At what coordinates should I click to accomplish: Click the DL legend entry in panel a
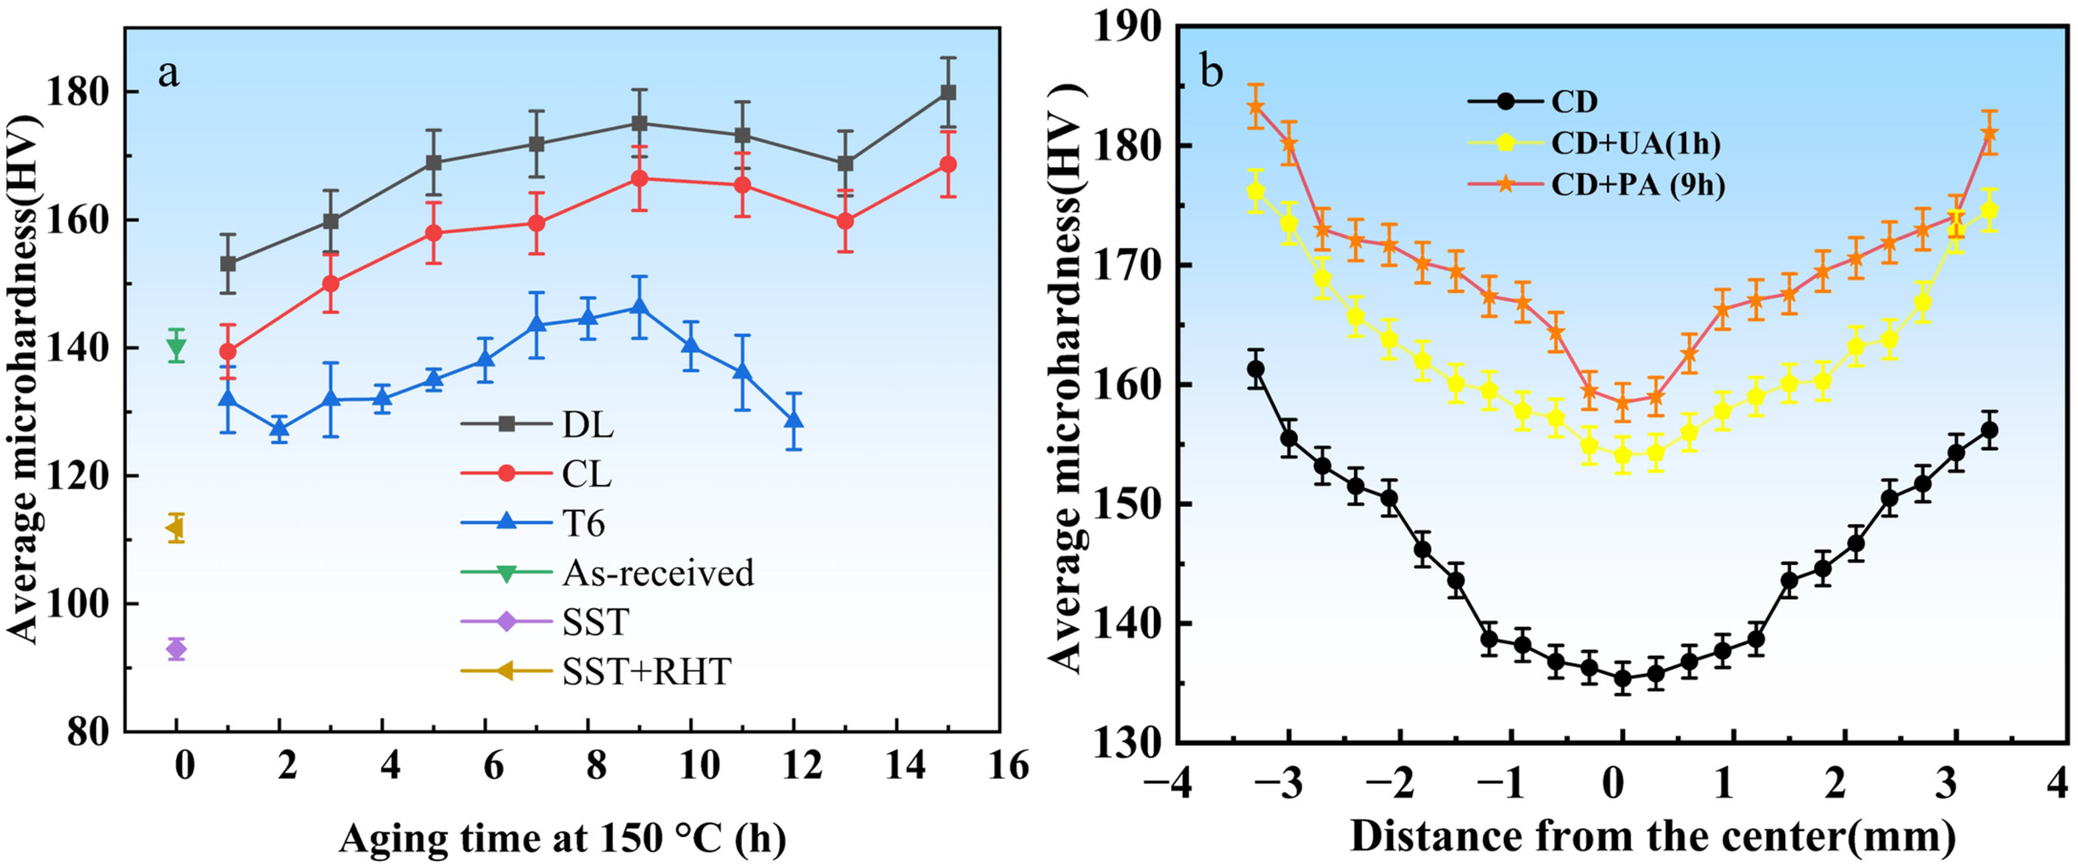[537, 424]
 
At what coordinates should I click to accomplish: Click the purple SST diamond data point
[176, 648]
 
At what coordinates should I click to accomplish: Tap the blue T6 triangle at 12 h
[794, 420]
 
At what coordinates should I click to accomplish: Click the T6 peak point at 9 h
[640, 307]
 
